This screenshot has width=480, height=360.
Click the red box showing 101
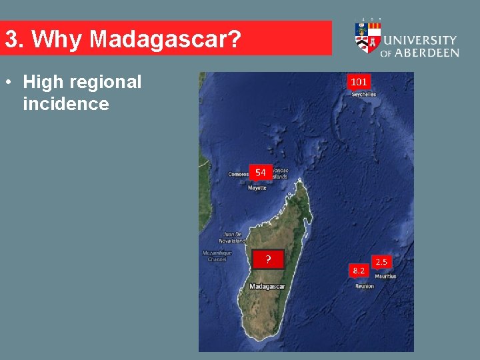coord(358,81)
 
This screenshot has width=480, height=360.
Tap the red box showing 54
coord(260,172)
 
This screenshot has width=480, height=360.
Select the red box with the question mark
coord(268,259)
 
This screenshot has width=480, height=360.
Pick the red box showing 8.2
coord(359,270)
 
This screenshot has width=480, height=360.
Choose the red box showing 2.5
coord(382,262)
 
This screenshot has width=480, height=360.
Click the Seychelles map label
coord(363,95)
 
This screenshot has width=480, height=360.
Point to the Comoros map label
coord(238,175)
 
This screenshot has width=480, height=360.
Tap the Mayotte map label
coord(257,188)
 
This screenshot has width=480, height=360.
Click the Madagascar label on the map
coord(267,287)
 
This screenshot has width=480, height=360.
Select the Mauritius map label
coord(385,276)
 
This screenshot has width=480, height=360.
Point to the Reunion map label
coord(365,286)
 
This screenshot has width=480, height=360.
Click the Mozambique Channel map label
coord(217,256)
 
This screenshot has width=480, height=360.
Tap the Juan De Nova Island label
coord(233,238)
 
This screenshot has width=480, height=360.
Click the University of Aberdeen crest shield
coord(368,38)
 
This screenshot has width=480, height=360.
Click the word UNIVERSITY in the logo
coord(421,41)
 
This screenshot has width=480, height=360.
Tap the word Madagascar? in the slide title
coord(165,39)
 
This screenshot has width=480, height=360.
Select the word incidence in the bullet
coord(65,104)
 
